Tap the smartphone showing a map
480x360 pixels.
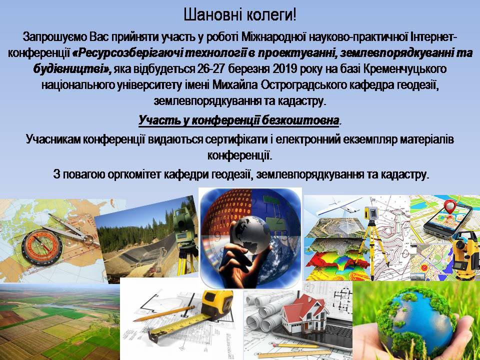(x=447, y=221)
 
